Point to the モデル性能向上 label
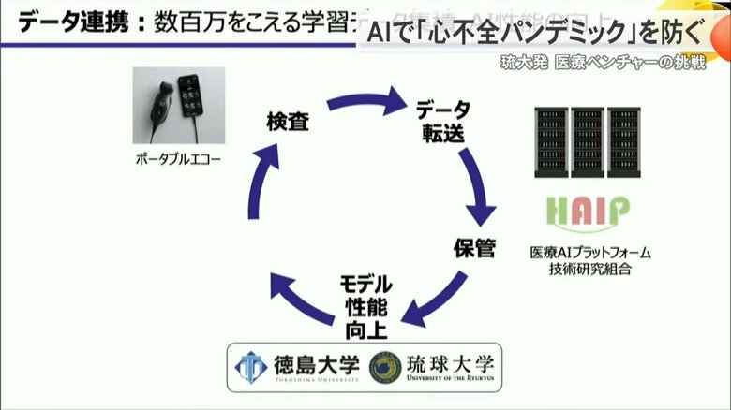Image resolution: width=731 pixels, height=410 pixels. (365, 305)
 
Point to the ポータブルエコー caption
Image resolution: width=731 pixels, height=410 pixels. (177, 159)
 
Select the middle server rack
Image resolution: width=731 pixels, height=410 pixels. (587, 143)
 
